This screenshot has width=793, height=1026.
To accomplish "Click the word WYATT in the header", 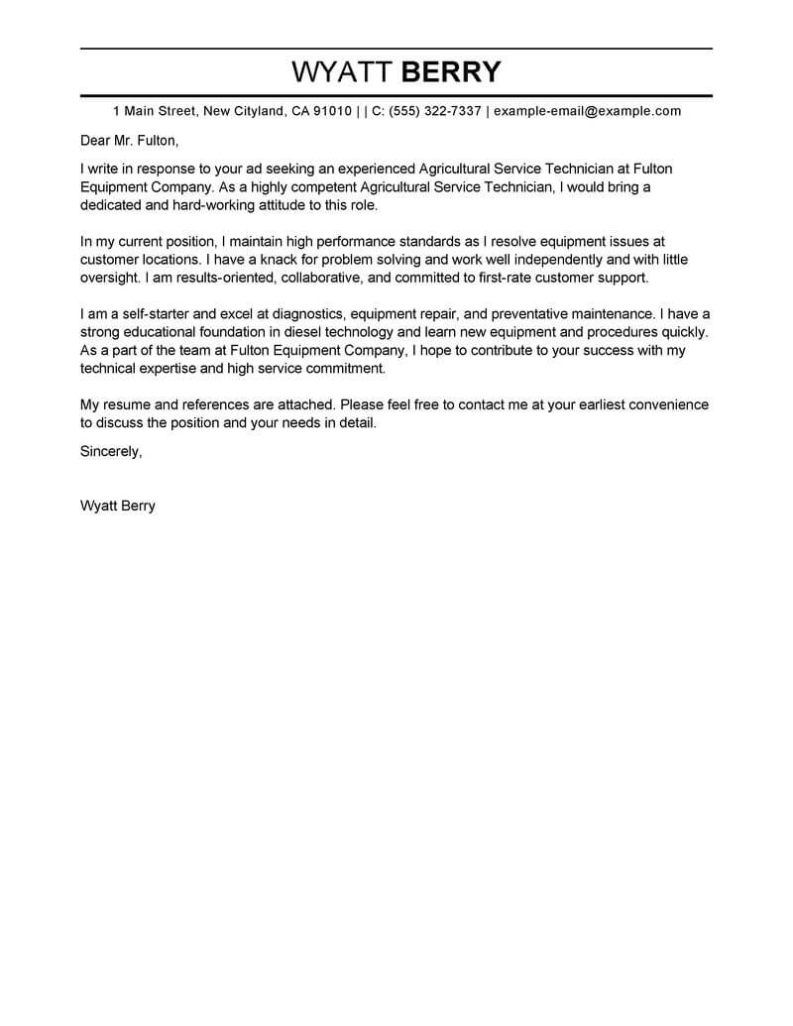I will pyautogui.click(x=341, y=72).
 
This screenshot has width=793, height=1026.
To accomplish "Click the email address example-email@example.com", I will pyautogui.click(x=587, y=111).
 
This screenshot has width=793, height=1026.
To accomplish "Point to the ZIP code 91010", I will pyautogui.click(x=332, y=111).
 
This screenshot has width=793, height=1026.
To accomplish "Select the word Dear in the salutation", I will pyautogui.click(x=96, y=140).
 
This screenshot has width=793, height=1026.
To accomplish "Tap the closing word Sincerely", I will pyautogui.click(x=110, y=451).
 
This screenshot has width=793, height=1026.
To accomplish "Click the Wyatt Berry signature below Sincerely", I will pyautogui.click(x=117, y=505).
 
